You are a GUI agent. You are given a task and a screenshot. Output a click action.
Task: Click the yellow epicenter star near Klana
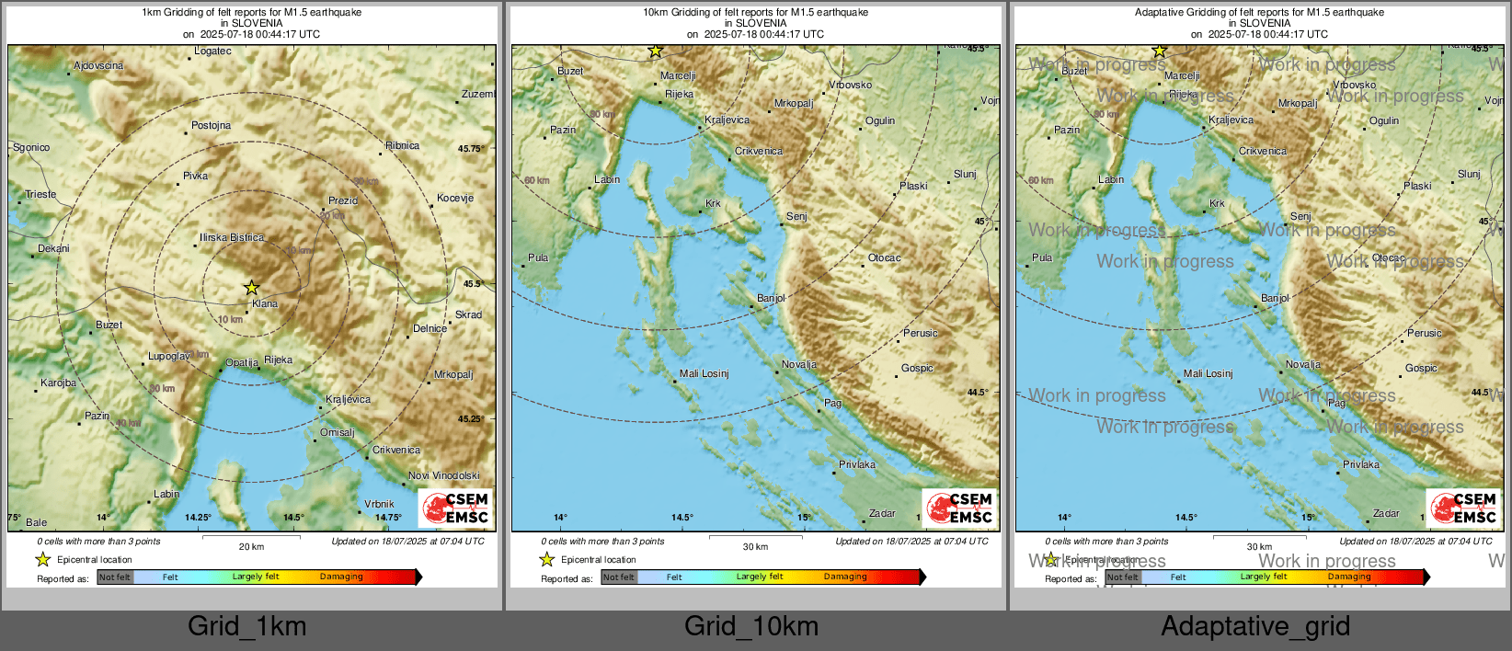pyautogui.click(x=251, y=288)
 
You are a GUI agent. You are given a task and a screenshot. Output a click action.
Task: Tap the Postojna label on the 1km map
pyautogui.click(x=211, y=125)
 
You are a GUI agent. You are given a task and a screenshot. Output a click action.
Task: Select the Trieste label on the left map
pyautogui.click(x=40, y=194)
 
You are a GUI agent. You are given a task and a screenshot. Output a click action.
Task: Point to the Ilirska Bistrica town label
pyautogui.click(x=232, y=237)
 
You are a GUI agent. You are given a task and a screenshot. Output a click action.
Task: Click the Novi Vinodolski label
pyautogui.click(x=444, y=475)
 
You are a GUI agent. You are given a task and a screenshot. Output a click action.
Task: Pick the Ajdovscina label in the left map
pyautogui.click(x=98, y=65)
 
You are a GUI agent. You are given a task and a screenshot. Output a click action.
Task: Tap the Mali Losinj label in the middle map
pyautogui.click(x=704, y=373)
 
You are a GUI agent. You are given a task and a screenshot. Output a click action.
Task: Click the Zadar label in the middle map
pyautogui.click(x=882, y=513)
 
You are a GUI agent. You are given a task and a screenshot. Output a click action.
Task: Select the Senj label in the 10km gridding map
pyautogui.click(x=796, y=216)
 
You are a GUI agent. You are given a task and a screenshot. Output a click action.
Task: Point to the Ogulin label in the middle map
pyautogui.click(x=880, y=120)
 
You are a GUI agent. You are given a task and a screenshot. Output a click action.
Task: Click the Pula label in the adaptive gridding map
pyautogui.click(x=1042, y=257)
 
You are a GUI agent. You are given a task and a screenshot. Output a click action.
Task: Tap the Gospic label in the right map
pyautogui.click(x=1421, y=368)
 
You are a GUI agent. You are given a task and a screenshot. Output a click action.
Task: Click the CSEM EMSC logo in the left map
pyautogui.click(x=456, y=508)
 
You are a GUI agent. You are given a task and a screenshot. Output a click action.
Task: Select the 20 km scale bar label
pyautogui.click(x=251, y=546)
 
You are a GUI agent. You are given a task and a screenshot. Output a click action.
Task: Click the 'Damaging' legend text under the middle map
pyautogui.click(x=845, y=577)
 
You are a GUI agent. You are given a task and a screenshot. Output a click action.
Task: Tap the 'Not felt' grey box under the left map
pyautogui.click(x=115, y=577)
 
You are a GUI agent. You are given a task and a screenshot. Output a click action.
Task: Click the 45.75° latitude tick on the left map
pyautogui.click(x=470, y=148)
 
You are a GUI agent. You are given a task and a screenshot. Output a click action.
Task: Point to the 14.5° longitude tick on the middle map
pyautogui.click(x=682, y=517)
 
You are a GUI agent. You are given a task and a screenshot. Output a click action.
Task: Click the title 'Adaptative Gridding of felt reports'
pyautogui.click(x=1259, y=12)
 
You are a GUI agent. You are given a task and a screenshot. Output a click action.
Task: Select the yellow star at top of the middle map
pyautogui.click(x=655, y=51)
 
